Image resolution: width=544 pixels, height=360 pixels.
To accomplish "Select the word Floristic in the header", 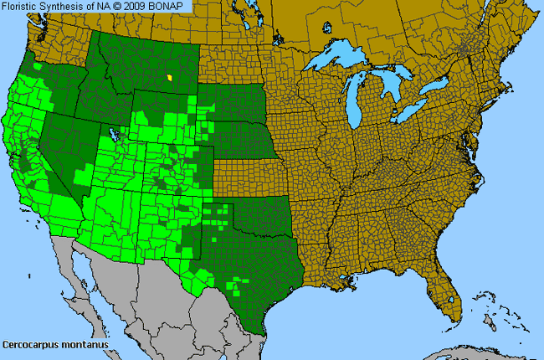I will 22,7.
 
